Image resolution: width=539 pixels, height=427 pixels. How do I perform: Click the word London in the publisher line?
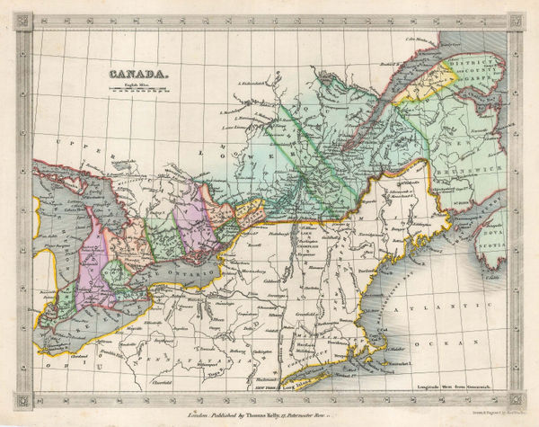click(199, 414)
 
